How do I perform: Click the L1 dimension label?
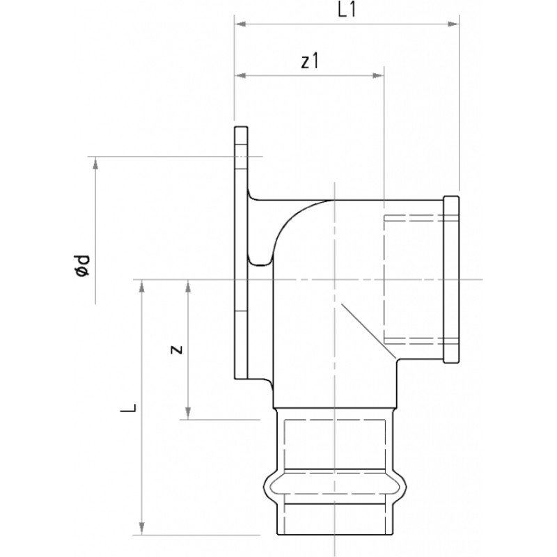(x=346, y=10)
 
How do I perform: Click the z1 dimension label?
(x=310, y=61)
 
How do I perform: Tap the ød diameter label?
(x=82, y=266)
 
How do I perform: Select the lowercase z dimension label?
(x=177, y=350)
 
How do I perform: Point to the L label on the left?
(x=128, y=408)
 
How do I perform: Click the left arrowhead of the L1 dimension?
(x=240, y=24)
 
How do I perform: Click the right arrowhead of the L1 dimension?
(x=453, y=24)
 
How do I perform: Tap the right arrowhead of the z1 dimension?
(x=377, y=75)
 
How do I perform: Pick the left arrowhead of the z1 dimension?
(x=240, y=75)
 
